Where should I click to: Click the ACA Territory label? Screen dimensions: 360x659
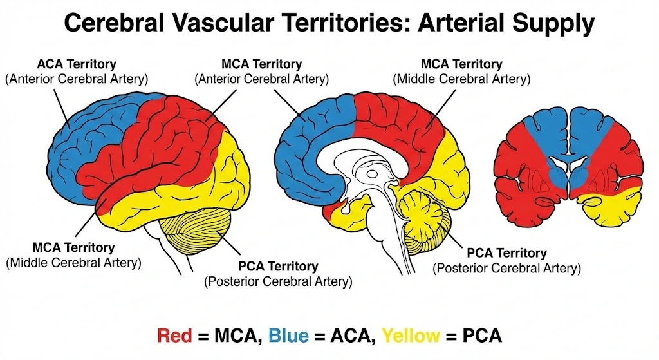77,64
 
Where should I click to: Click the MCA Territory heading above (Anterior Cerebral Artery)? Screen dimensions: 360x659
261,64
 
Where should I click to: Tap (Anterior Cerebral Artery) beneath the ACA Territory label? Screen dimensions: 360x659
77,79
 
